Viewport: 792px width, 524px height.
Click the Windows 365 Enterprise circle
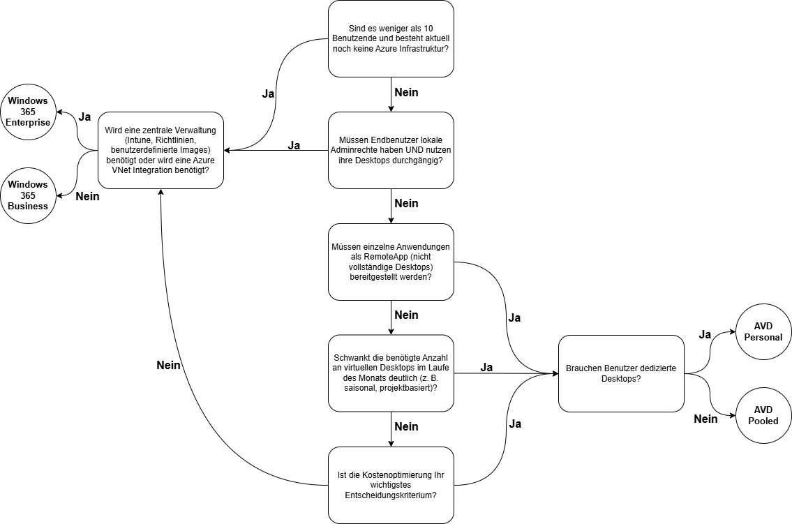coord(28,112)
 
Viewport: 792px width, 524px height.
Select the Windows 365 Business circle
coord(28,195)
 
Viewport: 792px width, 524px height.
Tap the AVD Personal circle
coord(763,331)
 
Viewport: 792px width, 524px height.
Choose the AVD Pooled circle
coord(763,415)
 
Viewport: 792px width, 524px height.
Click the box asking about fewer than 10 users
coord(391,39)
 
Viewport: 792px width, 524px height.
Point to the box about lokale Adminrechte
coord(391,151)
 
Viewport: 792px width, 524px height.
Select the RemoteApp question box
coord(391,262)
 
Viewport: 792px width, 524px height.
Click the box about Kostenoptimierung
coord(391,485)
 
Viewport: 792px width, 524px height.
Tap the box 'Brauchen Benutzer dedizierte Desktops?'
coord(621,373)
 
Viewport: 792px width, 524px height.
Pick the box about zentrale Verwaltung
coord(160,151)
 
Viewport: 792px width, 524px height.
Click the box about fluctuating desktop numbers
coord(391,373)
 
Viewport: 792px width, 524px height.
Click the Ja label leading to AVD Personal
coord(705,334)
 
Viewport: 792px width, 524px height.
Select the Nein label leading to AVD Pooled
coord(705,419)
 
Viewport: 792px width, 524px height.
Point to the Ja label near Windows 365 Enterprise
coord(84,117)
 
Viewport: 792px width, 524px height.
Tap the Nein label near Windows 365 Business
coord(87,196)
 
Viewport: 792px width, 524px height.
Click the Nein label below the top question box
coord(406,92)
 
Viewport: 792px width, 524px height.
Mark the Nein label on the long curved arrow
coord(168,365)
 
